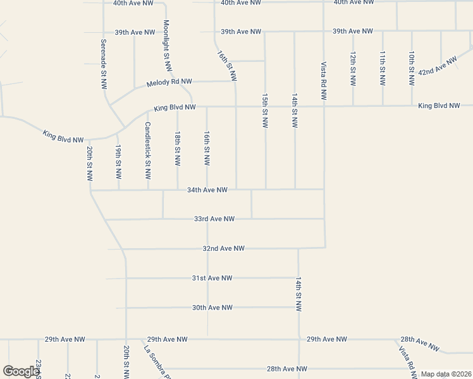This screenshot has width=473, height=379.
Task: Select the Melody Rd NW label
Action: (168, 83)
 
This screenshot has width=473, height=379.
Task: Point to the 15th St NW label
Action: (265, 111)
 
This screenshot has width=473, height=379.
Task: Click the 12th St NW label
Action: (352, 69)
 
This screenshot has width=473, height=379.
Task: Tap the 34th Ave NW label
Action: (207, 189)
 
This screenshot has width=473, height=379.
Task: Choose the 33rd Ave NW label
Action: (214, 219)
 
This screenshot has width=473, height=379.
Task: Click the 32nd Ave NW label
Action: (223, 249)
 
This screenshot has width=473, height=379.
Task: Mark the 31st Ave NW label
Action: (212, 278)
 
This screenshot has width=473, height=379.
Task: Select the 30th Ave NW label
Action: (212, 308)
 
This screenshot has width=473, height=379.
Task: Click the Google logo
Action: (20, 371)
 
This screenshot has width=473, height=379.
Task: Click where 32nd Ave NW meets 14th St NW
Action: (298, 248)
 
